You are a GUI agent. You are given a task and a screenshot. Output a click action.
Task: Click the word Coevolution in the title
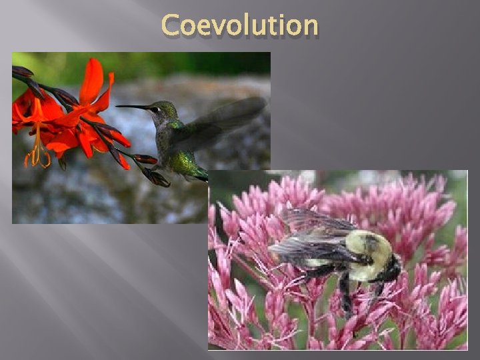coord(240,25)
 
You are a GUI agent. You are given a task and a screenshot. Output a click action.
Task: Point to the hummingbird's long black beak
coord(132,107)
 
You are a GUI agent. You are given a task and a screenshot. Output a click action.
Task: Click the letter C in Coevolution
coord(172,25)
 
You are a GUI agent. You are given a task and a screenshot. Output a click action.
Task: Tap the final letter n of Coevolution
coord(309,27)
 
